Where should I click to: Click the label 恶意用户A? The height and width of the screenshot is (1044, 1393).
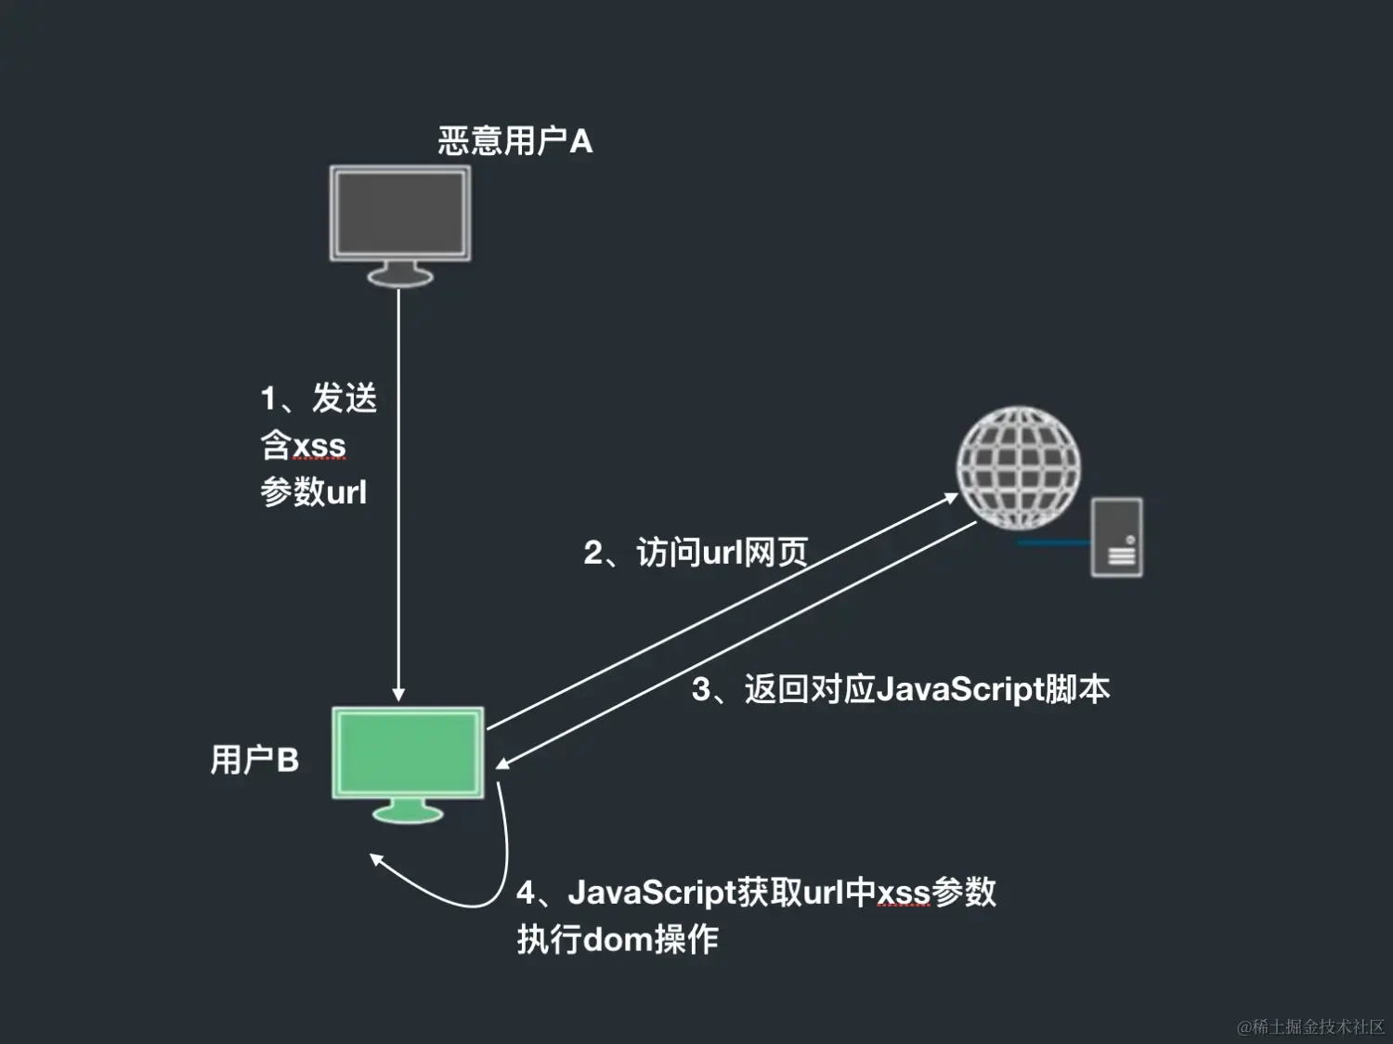514,141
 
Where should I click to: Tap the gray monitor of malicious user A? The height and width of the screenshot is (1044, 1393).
400,213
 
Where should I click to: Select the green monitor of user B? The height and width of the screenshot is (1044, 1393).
408,752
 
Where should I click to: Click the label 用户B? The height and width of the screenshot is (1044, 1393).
254,760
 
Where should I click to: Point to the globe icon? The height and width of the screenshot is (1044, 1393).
1018,466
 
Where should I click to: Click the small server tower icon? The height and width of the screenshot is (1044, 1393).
1116,537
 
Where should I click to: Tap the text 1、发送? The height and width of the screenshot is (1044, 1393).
319,398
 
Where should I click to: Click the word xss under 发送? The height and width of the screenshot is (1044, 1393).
319,446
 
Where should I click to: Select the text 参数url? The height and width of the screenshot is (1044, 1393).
314,491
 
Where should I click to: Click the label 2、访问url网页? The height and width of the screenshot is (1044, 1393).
696,553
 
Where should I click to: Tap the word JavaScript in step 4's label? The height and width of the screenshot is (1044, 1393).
651,892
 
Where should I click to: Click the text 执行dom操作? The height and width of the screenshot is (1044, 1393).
618,939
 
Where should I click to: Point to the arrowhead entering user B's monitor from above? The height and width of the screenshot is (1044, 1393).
398,695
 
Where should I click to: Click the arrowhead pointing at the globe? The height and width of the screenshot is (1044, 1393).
951,498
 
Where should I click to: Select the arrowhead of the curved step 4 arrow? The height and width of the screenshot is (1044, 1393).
376,860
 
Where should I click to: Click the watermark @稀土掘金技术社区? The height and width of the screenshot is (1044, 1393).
1310,1026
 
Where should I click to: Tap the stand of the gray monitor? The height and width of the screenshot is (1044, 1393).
400,274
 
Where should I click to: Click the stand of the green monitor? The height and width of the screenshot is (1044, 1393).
408,811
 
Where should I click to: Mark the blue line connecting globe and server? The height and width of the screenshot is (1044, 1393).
1054,542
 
